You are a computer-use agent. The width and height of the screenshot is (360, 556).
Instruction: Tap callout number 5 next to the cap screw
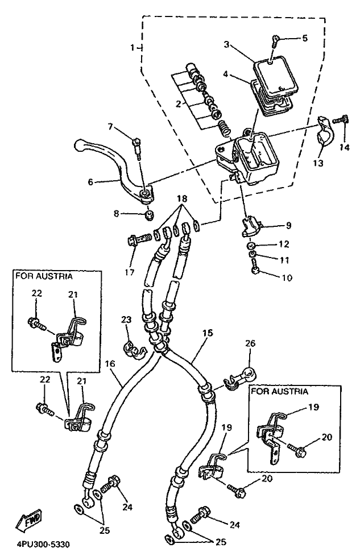tap(304, 39)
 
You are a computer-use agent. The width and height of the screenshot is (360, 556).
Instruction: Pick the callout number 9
tap(288, 226)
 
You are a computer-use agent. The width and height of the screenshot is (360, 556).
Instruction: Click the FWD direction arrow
tap(30, 520)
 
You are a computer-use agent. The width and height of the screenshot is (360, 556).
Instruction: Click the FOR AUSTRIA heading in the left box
tap(44, 277)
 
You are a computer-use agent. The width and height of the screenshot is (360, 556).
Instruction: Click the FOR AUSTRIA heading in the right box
tap(279, 392)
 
